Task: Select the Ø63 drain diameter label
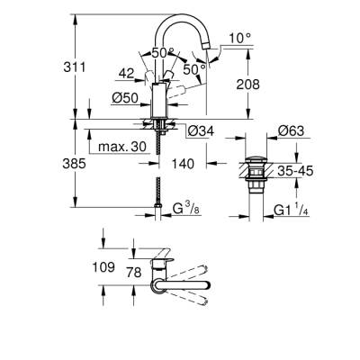pos(290,132)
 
